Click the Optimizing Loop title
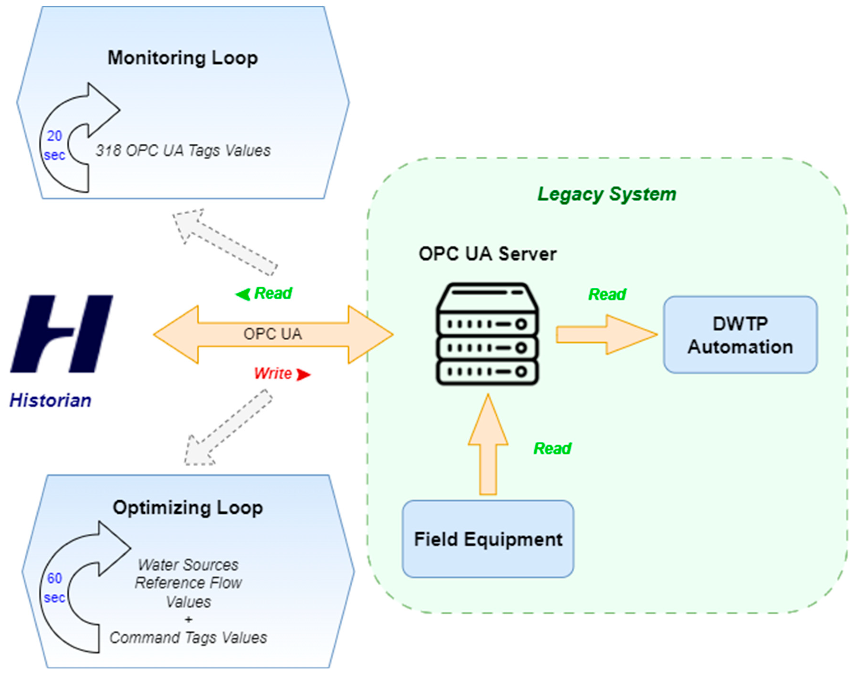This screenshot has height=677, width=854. (188, 508)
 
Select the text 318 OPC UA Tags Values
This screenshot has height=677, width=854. (183, 150)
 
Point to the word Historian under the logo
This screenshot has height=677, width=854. (50, 400)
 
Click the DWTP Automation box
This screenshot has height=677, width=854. (740, 335)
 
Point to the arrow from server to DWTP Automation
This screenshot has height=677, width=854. (606, 334)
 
